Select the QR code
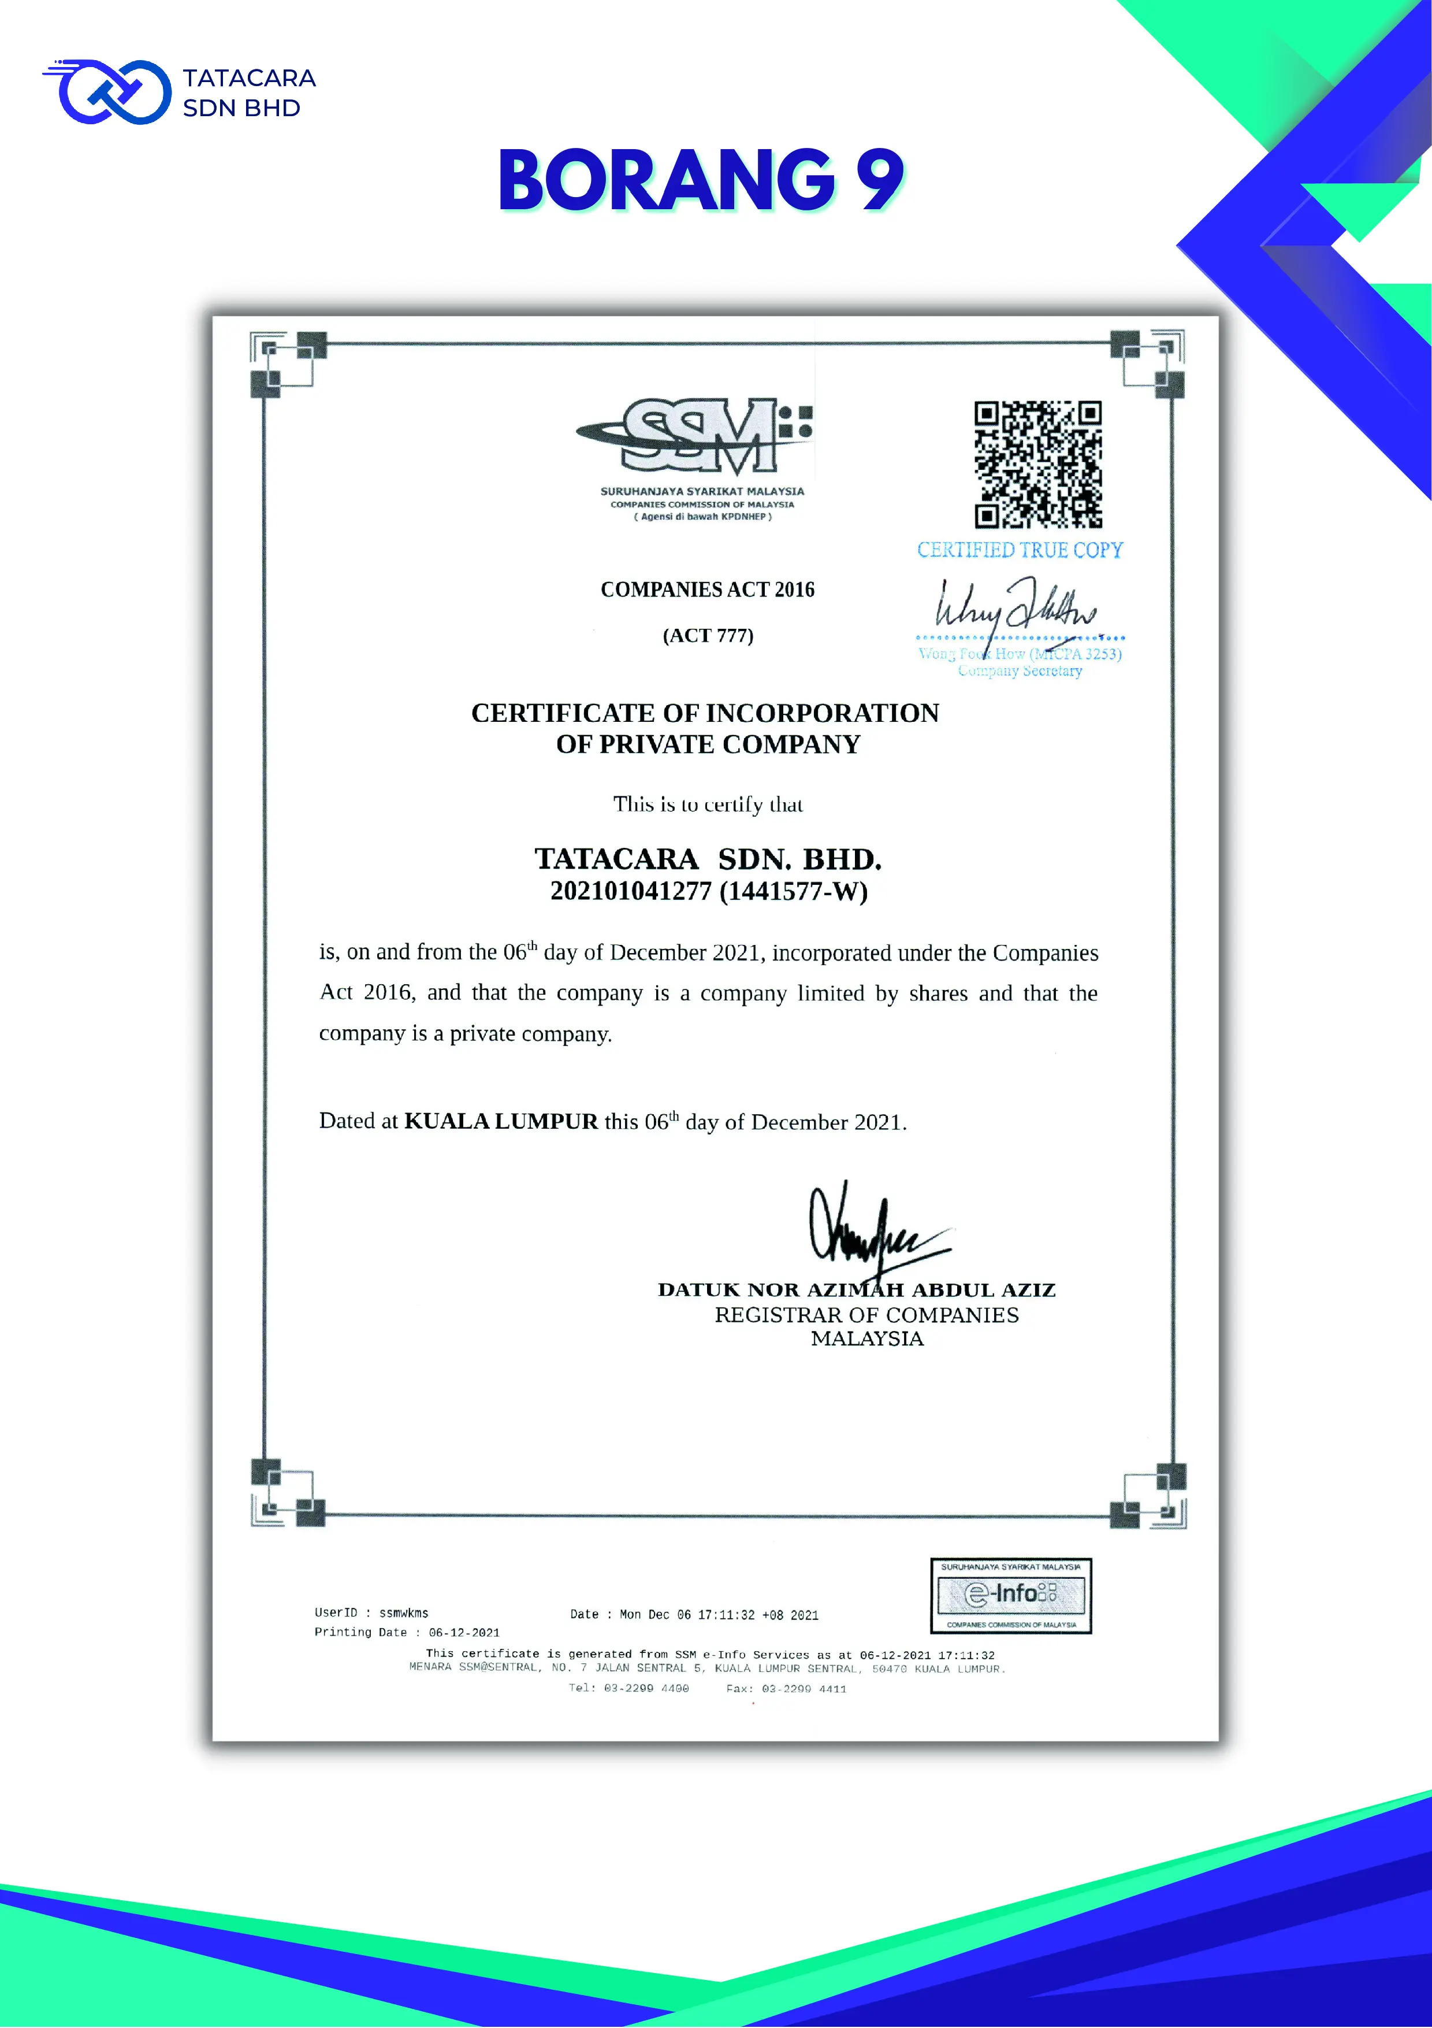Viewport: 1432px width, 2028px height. [x=1037, y=465]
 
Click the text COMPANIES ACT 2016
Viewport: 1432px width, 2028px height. [x=707, y=590]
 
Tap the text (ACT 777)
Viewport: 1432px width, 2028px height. [x=708, y=636]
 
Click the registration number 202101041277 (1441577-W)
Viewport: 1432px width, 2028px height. [x=709, y=891]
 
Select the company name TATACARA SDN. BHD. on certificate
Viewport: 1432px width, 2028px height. [x=708, y=859]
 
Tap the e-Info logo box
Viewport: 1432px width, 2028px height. [x=1011, y=1595]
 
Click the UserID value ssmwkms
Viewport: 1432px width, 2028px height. [x=403, y=1613]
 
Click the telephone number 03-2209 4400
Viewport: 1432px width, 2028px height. [x=646, y=1688]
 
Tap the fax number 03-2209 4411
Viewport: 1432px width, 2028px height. [x=804, y=1689]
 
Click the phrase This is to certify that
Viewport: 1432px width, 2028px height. [x=708, y=804]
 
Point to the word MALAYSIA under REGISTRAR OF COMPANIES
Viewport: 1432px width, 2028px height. [x=867, y=1339]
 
